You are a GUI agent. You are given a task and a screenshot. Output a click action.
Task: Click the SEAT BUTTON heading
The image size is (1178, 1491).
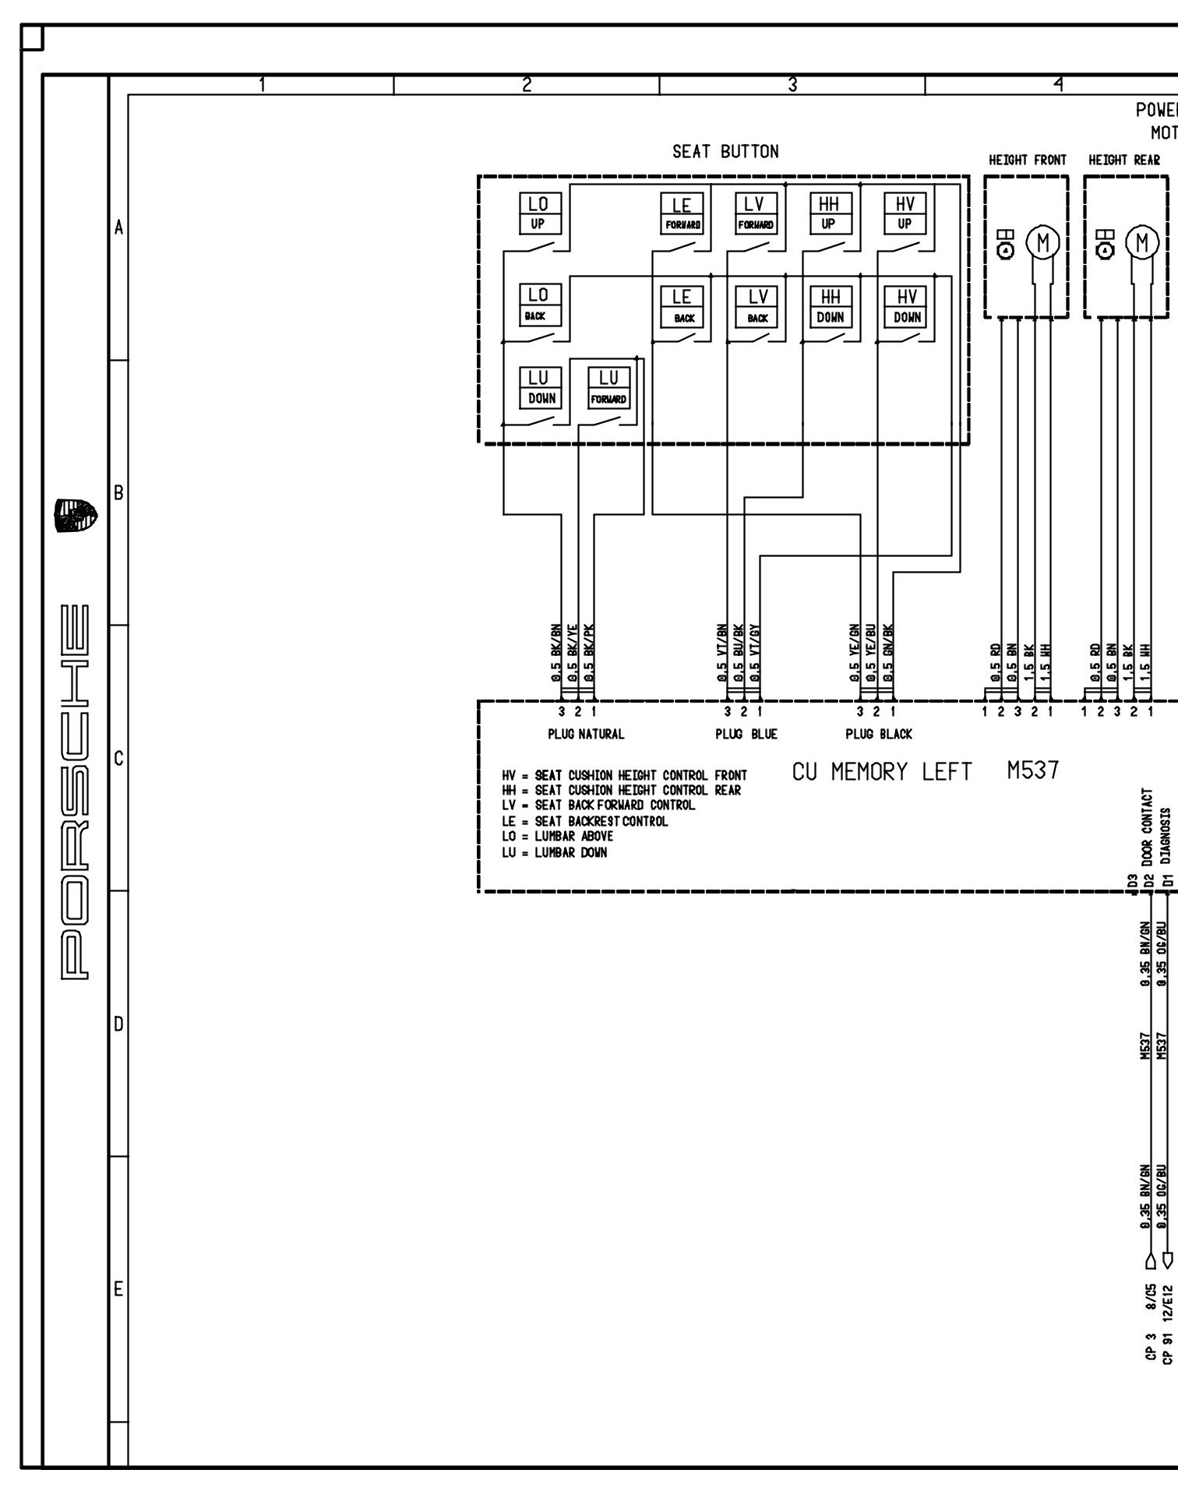coord(725,152)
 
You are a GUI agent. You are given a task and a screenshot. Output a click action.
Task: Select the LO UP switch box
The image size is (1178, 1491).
coord(538,213)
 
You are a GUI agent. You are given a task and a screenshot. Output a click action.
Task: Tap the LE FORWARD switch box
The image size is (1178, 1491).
coord(682,213)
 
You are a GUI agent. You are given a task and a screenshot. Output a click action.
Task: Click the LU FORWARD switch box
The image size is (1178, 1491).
coord(608,387)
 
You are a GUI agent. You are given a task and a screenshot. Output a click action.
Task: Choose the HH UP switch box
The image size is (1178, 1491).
coord(828,213)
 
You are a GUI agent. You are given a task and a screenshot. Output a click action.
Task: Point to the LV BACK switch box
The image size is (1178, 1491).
coord(757,307)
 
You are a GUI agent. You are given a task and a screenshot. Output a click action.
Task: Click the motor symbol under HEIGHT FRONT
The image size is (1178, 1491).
coord(1043,242)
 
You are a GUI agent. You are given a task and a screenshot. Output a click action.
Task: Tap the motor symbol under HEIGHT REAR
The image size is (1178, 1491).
coord(1143,242)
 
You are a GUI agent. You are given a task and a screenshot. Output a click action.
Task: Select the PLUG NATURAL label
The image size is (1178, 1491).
coord(586,734)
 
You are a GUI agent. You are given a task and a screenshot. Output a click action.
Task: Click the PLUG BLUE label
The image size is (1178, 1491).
coord(746,734)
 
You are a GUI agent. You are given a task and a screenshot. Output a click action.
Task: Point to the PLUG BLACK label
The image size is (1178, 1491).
coord(879,734)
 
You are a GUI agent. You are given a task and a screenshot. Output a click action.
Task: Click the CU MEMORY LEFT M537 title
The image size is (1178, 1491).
coord(925,771)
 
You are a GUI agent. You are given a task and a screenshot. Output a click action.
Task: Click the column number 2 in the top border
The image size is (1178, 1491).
coord(527,85)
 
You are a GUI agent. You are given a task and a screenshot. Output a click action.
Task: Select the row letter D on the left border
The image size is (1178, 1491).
coord(118,1024)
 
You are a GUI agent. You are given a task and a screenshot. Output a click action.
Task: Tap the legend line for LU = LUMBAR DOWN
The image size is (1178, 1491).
coord(554,852)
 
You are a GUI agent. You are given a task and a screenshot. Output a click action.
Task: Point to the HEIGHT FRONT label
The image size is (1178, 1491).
coord(1027,160)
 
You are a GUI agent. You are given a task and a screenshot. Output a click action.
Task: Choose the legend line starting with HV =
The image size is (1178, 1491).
coord(624,775)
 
